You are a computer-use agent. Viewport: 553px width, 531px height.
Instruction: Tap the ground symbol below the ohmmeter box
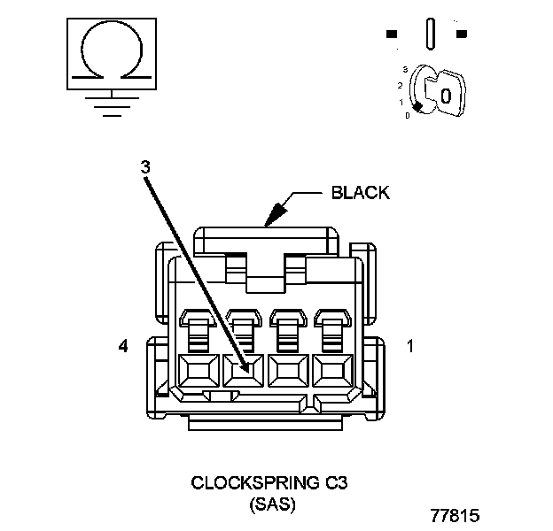(110, 102)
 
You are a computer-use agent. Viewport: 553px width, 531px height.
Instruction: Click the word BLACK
(360, 193)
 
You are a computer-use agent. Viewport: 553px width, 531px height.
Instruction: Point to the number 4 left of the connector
(123, 347)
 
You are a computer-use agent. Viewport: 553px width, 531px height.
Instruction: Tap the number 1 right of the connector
(409, 347)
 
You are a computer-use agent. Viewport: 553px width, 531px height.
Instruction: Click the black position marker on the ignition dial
(417, 105)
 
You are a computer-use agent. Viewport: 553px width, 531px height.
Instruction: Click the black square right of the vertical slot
(461, 35)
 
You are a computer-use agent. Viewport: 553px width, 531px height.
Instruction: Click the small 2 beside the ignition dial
(401, 86)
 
